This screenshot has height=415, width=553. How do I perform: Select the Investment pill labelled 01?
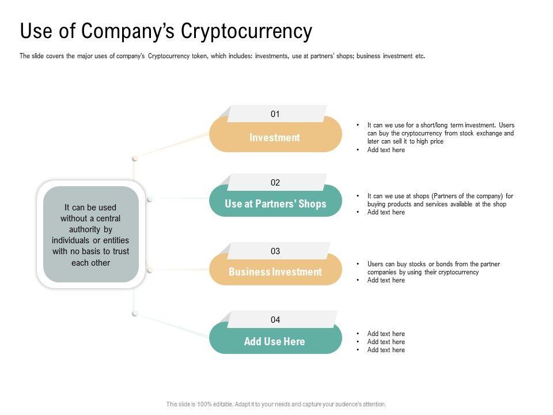click(x=275, y=138)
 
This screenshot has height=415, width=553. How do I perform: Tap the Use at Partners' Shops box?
click(x=275, y=204)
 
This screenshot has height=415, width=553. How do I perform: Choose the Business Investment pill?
click(x=275, y=272)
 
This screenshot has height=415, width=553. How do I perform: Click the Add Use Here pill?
click(x=275, y=341)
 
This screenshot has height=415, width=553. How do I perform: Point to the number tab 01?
click(x=275, y=114)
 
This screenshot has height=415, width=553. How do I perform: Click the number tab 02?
click(x=275, y=183)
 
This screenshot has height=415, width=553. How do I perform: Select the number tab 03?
click(x=275, y=251)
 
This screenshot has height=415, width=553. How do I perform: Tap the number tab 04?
click(x=275, y=320)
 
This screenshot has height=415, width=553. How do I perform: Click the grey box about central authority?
click(x=90, y=235)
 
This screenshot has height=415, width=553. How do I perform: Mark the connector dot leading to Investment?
click(x=134, y=157)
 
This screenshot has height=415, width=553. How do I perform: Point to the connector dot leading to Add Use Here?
click(x=134, y=313)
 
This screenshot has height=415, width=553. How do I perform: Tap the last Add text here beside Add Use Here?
click(x=386, y=350)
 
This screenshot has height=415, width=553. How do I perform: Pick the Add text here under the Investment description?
click(x=386, y=150)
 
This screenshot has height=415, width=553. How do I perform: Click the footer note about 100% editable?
click(x=276, y=405)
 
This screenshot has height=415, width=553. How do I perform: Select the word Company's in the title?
click(x=130, y=31)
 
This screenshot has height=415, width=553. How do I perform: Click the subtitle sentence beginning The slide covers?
click(x=222, y=56)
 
